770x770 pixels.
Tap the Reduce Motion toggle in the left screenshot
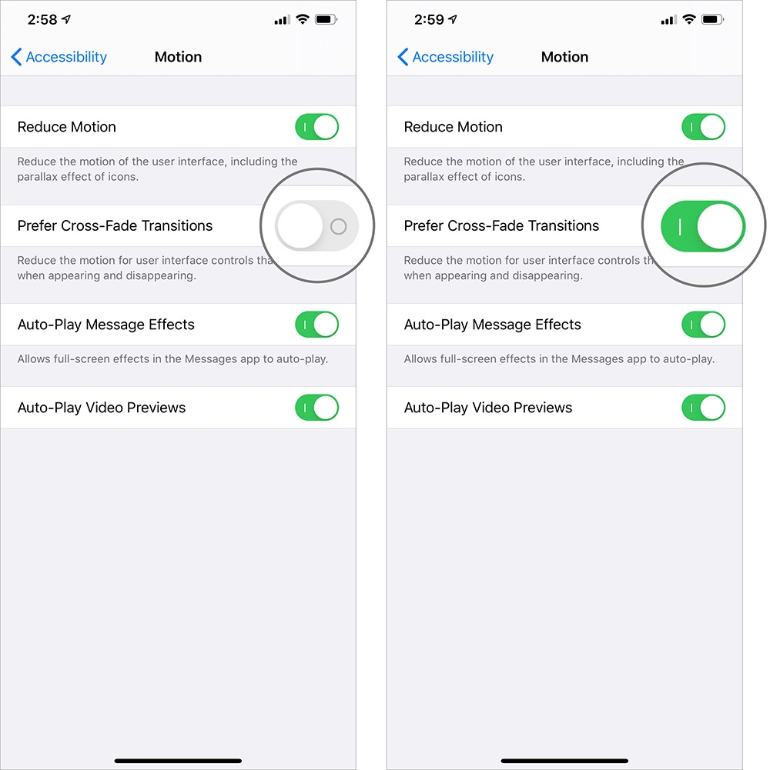click(316, 127)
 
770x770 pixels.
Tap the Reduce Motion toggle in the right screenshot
click(703, 127)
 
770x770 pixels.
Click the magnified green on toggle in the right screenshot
click(703, 226)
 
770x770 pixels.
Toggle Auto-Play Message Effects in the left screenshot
click(316, 325)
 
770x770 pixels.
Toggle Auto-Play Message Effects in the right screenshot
click(703, 325)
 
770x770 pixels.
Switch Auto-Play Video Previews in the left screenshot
click(316, 408)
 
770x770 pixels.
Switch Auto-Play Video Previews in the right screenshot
click(703, 408)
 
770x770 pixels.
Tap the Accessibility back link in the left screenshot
click(59, 57)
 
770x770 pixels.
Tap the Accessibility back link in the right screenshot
click(446, 57)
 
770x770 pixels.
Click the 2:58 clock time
click(42, 20)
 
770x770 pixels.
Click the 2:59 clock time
click(429, 20)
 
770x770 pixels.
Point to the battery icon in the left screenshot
click(326, 20)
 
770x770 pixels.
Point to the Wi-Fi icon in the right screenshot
click(689, 20)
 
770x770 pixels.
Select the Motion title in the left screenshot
click(178, 57)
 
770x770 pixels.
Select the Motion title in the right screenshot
click(564, 57)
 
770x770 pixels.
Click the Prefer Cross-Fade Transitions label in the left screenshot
click(115, 226)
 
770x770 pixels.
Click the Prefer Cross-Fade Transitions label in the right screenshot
click(501, 226)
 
